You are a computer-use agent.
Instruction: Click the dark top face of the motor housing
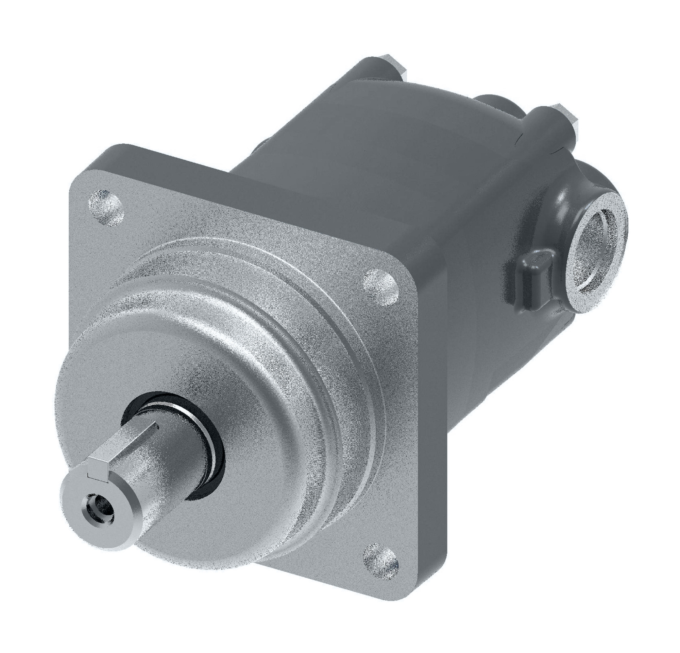click(x=399, y=139)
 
